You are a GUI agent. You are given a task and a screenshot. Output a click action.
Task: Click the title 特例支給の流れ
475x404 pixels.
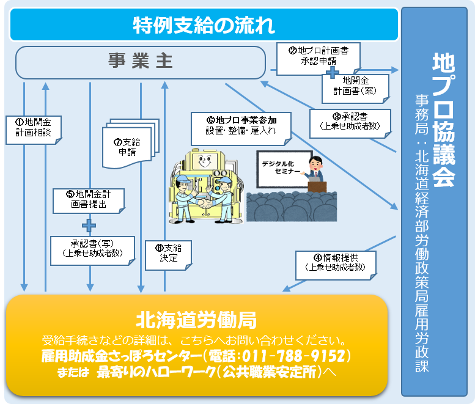tap(204, 24)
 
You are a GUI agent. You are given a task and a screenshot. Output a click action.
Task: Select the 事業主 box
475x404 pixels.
tap(141, 62)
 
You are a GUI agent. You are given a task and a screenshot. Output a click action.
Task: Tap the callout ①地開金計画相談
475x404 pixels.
tap(33, 127)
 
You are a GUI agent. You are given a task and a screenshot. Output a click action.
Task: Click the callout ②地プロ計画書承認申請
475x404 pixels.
tap(318, 56)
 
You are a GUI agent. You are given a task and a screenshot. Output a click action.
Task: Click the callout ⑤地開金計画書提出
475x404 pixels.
tap(89, 199)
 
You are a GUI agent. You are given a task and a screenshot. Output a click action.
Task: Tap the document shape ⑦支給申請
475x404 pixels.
tap(125, 147)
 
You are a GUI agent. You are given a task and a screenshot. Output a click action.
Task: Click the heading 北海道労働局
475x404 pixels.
tap(196, 320)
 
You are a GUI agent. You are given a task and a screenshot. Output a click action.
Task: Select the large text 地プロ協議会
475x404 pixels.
tap(443, 119)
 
